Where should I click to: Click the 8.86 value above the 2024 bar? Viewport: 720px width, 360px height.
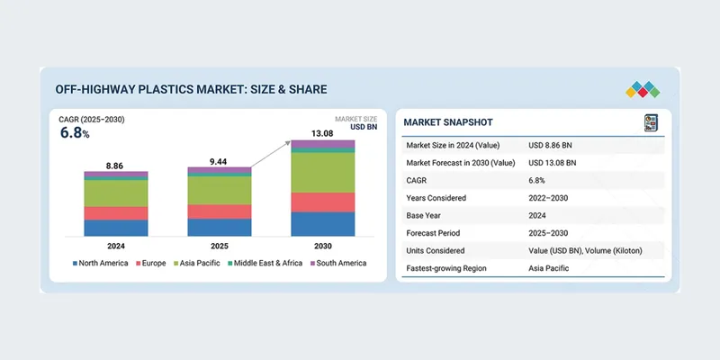[114, 166]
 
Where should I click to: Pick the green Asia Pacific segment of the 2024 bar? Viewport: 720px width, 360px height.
[116, 193]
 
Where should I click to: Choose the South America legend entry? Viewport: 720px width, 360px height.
[339, 263]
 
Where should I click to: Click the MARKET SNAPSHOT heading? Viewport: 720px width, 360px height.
[447, 121]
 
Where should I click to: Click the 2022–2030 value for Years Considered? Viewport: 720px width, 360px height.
[549, 197]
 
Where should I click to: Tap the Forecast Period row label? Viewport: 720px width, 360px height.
[437, 232]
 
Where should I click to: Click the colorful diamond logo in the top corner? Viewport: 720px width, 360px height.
[642, 90]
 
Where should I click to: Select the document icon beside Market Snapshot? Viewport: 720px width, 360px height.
[652, 122]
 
